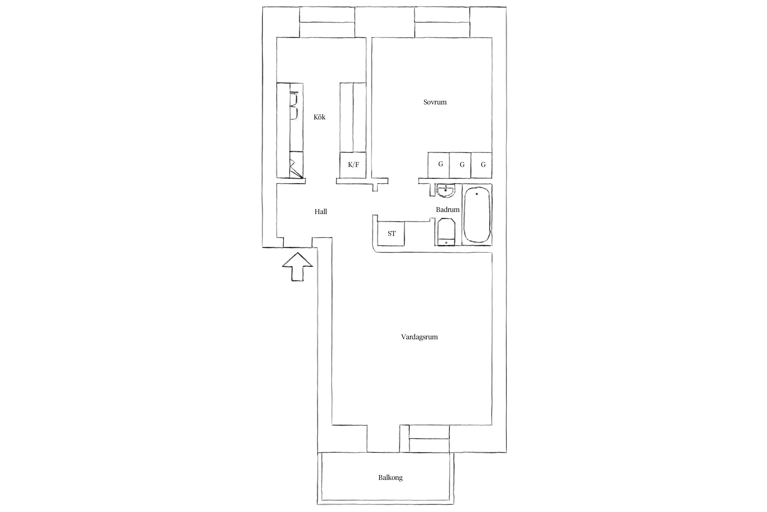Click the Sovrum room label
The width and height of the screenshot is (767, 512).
point(435,102)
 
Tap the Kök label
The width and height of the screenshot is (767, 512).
point(319,117)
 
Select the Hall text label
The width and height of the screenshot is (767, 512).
point(320,212)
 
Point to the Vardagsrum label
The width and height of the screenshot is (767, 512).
point(419,337)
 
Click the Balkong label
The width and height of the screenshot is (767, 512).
point(390,478)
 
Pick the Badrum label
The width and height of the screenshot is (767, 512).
point(448,210)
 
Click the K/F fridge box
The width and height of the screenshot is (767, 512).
point(353,165)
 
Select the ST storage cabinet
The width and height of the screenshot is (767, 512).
point(391,233)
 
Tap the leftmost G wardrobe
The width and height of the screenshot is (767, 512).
point(439,165)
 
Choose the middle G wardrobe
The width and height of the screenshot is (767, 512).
point(460,165)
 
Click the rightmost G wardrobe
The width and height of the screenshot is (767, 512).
point(481,165)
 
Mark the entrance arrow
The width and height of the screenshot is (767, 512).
point(298,267)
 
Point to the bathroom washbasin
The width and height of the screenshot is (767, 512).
point(446,191)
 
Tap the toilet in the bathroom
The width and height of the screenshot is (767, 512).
point(446,232)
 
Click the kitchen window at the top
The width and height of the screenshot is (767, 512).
point(327,22)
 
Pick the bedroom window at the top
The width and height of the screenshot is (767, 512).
point(442,22)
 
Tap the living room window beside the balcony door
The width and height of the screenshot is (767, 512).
point(429,439)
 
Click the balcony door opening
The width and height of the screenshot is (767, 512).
point(383,439)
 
